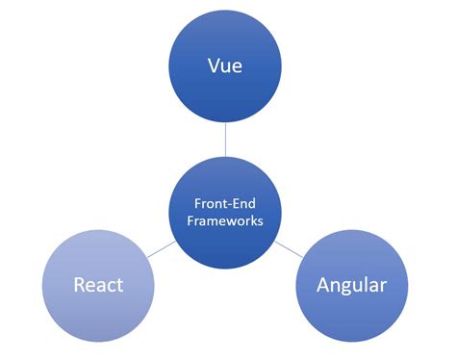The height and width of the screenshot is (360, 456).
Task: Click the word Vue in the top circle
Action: (x=225, y=66)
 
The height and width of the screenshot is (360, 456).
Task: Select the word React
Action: (x=99, y=285)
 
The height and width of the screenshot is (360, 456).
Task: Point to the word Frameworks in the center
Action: (x=228, y=219)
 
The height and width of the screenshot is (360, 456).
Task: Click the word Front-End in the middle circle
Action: (x=228, y=203)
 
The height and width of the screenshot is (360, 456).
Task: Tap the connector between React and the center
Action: (x=161, y=249)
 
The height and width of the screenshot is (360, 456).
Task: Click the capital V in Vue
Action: (x=214, y=66)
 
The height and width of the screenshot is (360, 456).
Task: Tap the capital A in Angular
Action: (x=323, y=285)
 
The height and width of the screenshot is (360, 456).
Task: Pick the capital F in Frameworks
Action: (x=194, y=219)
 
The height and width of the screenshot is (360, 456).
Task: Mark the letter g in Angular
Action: (x=349, y=288)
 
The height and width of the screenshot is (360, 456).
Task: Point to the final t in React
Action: (x=120, y=286)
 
